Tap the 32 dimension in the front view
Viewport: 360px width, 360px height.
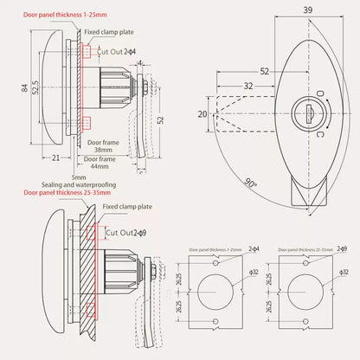pos(248,87)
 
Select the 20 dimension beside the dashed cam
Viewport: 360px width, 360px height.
pos(202,112)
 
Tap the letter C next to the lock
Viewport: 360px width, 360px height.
pos(321,136)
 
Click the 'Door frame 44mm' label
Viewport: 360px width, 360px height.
pos(102,163)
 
